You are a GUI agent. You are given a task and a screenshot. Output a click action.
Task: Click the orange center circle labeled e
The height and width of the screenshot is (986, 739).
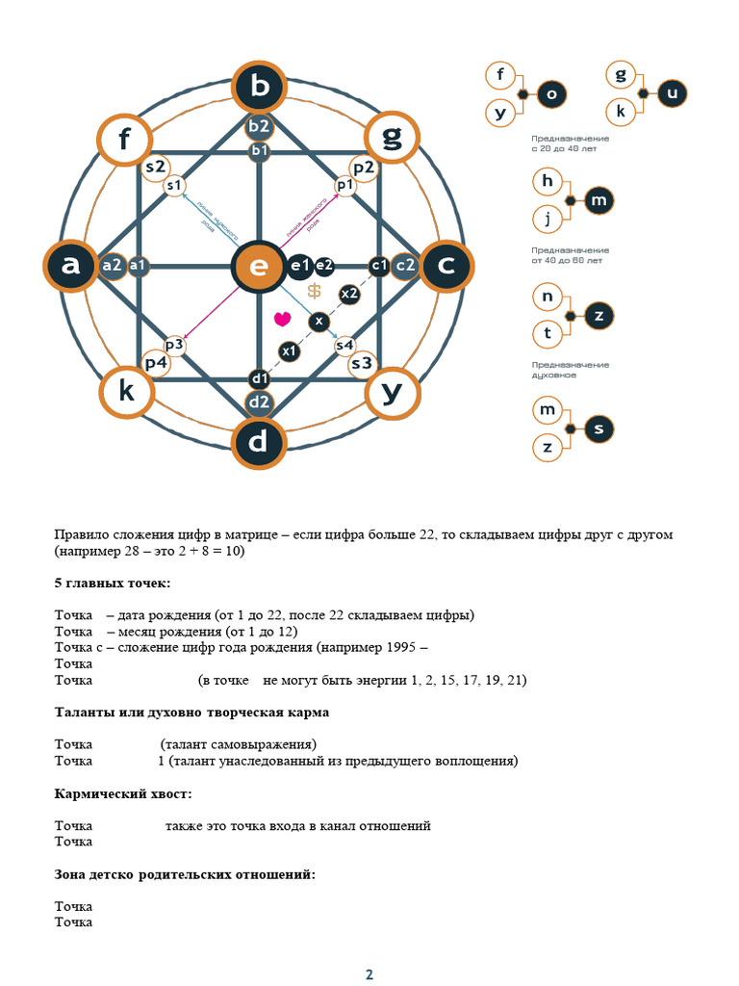pyautogui.click(x=258, y=266)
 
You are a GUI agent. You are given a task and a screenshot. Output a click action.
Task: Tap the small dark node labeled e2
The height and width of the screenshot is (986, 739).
pyautogui.click(x=324, y=265)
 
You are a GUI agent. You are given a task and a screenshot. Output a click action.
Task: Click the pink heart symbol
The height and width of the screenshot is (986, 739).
pyautogui.click(x=282, y=318)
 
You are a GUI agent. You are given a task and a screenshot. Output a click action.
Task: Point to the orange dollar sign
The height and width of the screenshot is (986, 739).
pyautogui.click(x=314, y=291)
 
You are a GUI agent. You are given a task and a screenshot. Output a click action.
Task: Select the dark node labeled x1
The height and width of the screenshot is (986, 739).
pyautogui.click(x=290, y=351)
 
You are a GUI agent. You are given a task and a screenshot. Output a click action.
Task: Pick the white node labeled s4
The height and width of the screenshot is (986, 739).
pyautogui.click(x=344, y=345)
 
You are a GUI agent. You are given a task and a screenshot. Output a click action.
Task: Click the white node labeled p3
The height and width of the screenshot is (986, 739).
pyautogui.click(x=174, y=344)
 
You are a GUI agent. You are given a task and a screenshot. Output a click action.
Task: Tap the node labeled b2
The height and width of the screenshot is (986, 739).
pyautogui.click(x=259, y=126)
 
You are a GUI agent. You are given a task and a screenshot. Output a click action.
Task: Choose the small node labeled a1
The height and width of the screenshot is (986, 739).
pyautogui.click(x=138, y=265)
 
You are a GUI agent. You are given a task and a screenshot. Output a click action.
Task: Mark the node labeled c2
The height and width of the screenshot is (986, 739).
pyautogui.click(x=405, y=265)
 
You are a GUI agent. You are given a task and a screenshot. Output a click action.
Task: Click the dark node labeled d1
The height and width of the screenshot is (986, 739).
pyautogui.click(x=259, y=379)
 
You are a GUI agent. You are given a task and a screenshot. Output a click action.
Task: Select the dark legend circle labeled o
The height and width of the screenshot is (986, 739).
pyautogui.click(x=551, y=93)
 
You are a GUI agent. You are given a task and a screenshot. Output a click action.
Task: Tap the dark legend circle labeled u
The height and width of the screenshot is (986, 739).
pyautogui.click(x=672, y=93)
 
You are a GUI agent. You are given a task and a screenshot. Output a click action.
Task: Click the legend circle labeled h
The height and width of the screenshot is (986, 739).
pyautogui.click(x=547, y=181)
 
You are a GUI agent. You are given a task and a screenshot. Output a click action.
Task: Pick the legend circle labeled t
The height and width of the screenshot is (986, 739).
pyautogui.click(x=547, y=333)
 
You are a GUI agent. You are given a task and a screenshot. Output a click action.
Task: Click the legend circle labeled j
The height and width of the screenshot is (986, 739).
pyautogui.click(x=547, y=220)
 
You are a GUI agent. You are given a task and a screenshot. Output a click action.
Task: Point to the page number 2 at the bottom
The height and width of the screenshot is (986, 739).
pyautogui.click(x=369, y=974)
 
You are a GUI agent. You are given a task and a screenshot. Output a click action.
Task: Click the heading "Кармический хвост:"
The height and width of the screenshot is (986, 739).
pyautogui.click(x=122, y=793)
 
